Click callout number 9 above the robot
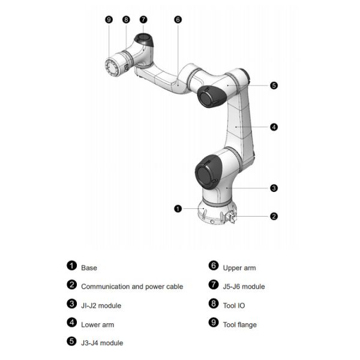click(x=109, y=19)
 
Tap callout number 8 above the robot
click(x=125, y=19)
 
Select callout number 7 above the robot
click(x=143, y=19)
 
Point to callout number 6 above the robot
click(x=178, y=19)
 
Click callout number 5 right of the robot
click(x=274, y=85)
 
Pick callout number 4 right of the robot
click(x=274, y=127)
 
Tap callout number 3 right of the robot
click(x=274, y=188)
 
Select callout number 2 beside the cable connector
click(x=274, y=216)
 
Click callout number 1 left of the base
click(x=178, y=209)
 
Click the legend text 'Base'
click(x=89, y=268)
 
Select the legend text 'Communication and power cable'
click(x=131, y=287)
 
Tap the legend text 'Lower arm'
click(x=97, y=325)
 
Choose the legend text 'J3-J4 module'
click(x=102, y=343)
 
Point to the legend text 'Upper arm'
click(x=239, y=268)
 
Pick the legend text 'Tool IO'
click(x=234, y=305)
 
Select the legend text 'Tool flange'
click(x=239, y=325)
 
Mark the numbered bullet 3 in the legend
click(x=71, y=305)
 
